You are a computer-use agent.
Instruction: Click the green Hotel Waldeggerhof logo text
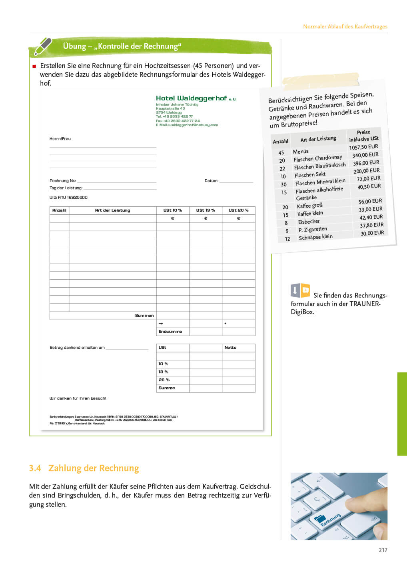(192, 98)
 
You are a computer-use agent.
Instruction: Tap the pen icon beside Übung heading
(42, 46)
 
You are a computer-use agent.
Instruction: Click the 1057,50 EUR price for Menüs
(363, 147)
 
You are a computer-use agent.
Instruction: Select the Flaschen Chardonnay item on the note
(318, 158)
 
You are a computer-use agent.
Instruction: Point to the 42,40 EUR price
(371, 217)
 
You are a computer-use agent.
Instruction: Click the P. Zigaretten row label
(313, 229)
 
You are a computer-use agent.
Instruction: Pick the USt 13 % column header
(205, 210)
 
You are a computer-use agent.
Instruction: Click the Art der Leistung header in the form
(112, 210)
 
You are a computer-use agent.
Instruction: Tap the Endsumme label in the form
(170, 332)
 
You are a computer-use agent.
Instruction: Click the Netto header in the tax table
(230, 348)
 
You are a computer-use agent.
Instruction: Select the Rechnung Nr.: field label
(63, 181)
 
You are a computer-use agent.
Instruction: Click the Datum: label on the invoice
(211, 181)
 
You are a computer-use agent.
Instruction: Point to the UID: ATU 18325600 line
(68, 198)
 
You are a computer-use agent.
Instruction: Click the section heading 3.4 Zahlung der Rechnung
(84, 468)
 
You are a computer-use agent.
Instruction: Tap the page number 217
(383, 550)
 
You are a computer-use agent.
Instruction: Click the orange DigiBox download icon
(301, 290)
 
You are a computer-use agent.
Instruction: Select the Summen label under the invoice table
(144, 316)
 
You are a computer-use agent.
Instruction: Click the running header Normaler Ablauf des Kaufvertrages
(345, 26)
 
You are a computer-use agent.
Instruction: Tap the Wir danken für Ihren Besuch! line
(78, 398)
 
